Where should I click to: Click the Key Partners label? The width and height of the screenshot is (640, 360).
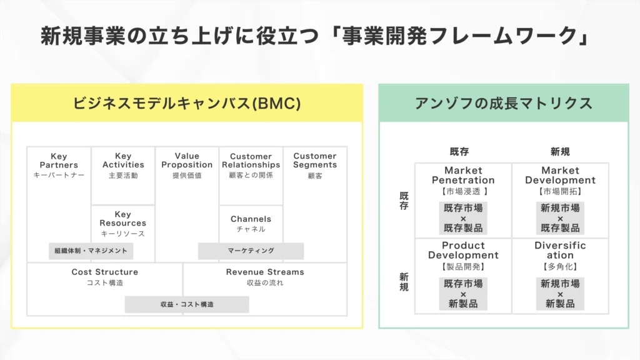pos(59,161)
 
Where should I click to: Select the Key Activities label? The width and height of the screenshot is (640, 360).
pos(123,161)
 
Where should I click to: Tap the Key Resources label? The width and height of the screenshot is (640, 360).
pos(123,219)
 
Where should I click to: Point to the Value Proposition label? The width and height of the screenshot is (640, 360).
pos(187,161)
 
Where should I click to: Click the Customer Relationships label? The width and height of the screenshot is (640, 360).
pos(251,161)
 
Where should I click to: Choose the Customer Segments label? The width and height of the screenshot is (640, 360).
pos(315,161)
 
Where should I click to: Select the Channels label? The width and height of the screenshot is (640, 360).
pos(251,219)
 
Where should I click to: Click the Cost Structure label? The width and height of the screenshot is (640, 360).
pos(105,272)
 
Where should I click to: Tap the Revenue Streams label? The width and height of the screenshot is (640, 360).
pos(265,272)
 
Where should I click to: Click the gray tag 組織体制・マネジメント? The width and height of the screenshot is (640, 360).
pos(91,251)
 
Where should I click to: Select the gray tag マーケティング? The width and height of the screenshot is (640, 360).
pos(251,251)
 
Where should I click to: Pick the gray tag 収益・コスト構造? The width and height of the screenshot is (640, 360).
pos(187,304)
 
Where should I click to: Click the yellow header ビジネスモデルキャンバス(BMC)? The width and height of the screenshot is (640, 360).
pos(187,103)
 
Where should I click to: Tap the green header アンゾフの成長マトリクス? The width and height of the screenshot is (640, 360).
pos(503,103)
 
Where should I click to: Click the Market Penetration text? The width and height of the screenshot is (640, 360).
pos(463,175)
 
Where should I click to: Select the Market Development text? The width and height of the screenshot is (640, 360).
pos(560,175)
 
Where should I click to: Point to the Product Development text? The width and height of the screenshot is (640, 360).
pos(463,250)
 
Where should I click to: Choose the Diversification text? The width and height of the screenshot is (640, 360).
pos(560,250)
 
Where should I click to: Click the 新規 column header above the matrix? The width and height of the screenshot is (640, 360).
pos(560,151)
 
